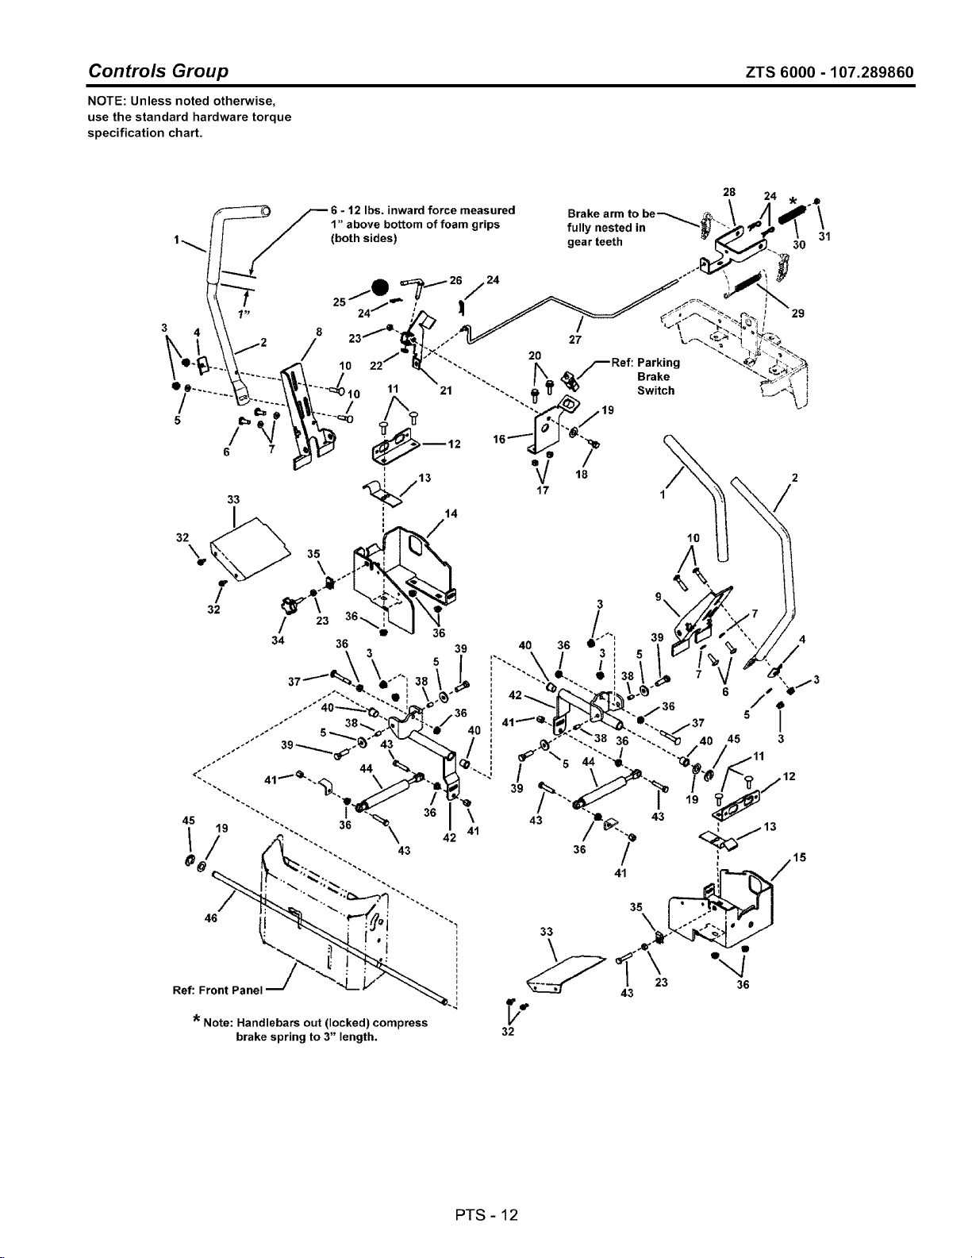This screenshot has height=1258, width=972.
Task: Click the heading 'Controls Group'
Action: click(159, 71)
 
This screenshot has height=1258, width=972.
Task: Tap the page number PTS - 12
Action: click(486, 1214)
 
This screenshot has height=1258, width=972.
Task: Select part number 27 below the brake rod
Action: click(577, 340)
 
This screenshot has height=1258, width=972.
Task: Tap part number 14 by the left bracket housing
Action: click(451, 514)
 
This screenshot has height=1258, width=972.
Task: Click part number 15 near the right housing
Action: click(799, 857)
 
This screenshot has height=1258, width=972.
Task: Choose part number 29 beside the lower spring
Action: click(798, 314)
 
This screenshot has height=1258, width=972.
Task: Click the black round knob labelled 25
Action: click(379, 287)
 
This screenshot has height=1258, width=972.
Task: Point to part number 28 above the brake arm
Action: click(728, 192)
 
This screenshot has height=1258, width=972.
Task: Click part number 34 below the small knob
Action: click(276, 641)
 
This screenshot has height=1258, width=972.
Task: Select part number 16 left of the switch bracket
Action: click(498, 438)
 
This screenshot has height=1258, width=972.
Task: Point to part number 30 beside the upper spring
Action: click(799, 245)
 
